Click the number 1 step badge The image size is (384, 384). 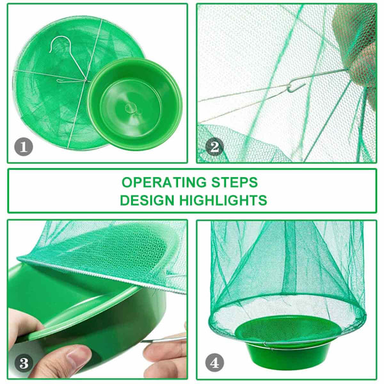tap(24, 147)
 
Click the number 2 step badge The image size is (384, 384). tap(214, 147)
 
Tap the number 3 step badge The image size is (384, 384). tap(24, 363)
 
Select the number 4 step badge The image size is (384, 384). tap(214, 363)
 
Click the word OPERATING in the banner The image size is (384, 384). tap(164, 182)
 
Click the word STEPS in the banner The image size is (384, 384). tap(235, 182)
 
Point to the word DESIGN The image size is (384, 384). tap(147, 200)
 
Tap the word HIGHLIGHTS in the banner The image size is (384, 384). tap(223, 200)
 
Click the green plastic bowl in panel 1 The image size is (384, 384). tap(135, 104)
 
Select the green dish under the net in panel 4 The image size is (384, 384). tap(288, 341)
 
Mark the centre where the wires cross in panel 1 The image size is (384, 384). tap(85, 81)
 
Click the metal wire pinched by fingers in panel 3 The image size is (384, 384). tap(164, 340)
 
